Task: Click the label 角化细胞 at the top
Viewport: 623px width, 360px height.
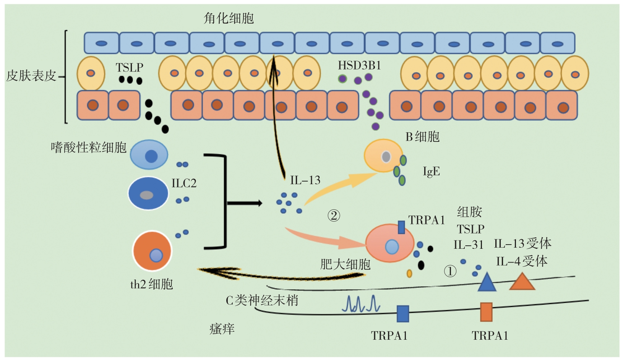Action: pos(229,18)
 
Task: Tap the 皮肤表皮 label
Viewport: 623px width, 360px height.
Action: pos(31,76)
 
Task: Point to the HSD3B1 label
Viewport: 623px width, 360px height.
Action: pos(359,66)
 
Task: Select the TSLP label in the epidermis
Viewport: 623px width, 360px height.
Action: pos(130,68)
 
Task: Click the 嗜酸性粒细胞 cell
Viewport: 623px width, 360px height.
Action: pos(149,155)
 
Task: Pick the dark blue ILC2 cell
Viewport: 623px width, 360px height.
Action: pos(148,193)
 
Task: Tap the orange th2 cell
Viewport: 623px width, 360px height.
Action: pos(152,251)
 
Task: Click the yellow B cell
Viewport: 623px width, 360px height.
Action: pos(383,156)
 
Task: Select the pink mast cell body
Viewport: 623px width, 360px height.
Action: pos(389,243)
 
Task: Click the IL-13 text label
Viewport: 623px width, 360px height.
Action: pos(305,180)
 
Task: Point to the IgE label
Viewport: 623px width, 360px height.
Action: pos(431,171)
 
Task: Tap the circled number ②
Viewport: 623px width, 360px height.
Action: pos(334,216)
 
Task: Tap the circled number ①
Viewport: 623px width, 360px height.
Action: pos(450,271)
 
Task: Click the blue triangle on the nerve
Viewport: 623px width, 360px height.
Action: pos(487,282)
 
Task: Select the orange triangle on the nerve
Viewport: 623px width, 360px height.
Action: pos(522,282)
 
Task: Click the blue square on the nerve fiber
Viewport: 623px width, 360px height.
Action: pos(403,313)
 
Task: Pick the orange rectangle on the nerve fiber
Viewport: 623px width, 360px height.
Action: pos(486,312)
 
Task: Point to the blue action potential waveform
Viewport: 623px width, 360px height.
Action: pos(361,304)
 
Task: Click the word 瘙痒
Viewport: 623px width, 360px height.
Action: pos(222,329)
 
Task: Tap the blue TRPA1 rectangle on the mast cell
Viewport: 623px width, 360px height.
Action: pos(401,227)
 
